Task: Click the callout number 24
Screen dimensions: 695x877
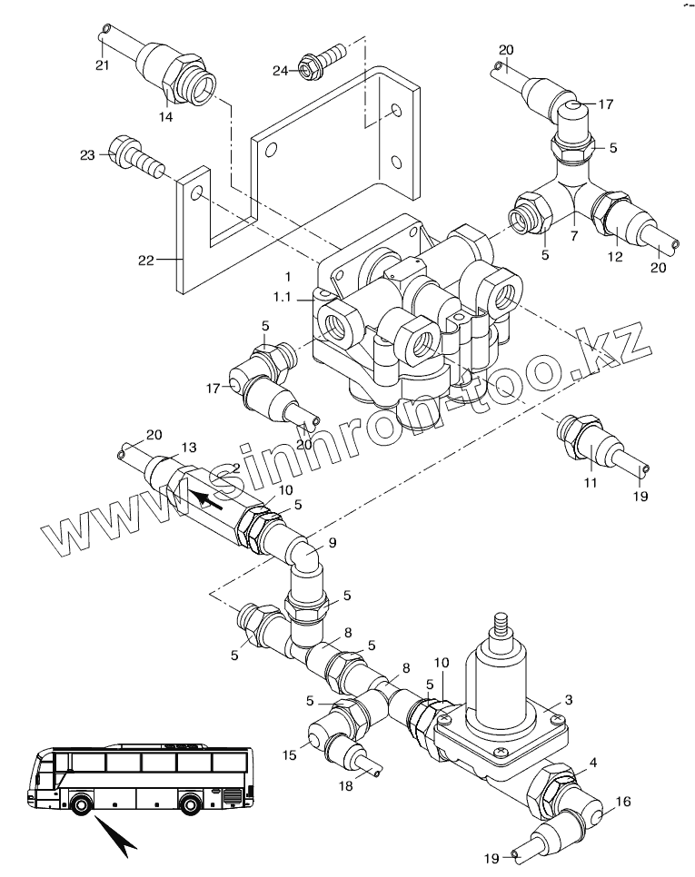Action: coord(281,71)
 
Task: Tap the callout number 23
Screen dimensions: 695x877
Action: coord(87,155)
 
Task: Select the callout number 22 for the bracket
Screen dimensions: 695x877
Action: coord(146,260)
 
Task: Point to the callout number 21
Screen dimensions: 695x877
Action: coord(102,65)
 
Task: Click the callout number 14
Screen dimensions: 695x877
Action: coord(165,117)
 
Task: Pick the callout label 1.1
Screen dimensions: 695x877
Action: coord(282,297)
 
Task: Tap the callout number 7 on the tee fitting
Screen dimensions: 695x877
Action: coord(573,237)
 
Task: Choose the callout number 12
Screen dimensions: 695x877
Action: coord(615,257)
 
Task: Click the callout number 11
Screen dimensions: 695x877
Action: coord(591,482)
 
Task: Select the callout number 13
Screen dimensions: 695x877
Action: coord(189,448)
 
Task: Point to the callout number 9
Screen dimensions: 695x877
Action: coord(333,543)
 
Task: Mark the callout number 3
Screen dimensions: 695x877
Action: coord(569,700)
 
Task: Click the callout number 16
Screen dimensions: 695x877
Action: coord(623,802)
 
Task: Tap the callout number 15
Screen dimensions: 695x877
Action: coord(289,755)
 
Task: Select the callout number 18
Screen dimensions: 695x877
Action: coord(346,786)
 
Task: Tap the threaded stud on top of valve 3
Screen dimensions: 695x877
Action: coord(501,626)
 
